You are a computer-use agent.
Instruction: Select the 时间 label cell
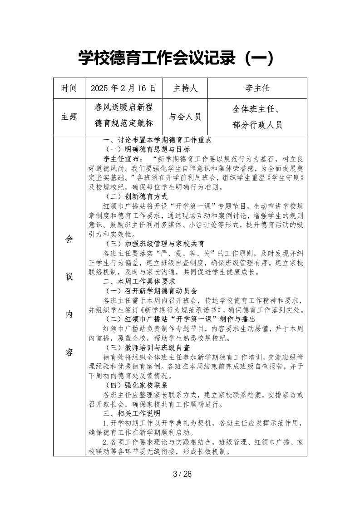point(69,88)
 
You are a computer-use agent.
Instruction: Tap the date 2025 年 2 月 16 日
point(123,88)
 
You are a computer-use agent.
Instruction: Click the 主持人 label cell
point(185,88)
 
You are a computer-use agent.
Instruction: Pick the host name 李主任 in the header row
point(257,88)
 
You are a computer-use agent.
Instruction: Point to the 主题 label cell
point(69,117)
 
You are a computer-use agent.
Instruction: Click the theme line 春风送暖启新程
point(123,108)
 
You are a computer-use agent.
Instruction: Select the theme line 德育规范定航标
point(123,123)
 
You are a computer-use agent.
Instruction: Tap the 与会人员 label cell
point(185,117)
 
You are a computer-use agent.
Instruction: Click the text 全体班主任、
point(257,109)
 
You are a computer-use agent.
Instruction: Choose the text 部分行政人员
point(257,125)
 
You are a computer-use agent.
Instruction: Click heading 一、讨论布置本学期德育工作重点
point(158,140)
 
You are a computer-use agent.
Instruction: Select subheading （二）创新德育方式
point(136,197)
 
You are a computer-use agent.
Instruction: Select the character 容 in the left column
point(69,352)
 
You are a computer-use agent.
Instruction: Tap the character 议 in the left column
point(69,277)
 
